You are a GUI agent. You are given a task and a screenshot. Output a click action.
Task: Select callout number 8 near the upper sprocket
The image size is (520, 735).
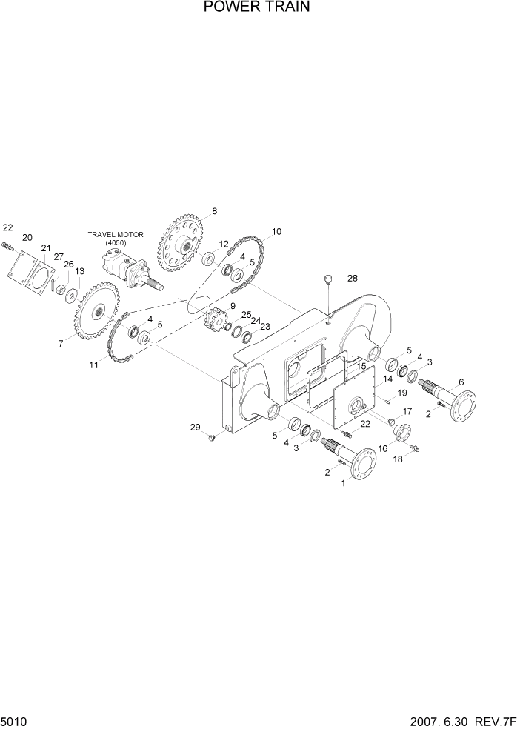pos(214,211)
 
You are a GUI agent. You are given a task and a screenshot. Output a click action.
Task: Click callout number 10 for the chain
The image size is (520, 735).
pos(276,232)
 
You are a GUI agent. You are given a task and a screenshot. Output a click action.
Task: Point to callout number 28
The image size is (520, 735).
pos(352,279)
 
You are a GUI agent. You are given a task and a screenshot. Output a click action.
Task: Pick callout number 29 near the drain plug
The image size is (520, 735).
pos(195,427)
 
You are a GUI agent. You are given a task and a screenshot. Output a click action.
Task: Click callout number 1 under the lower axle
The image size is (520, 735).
pos(342,483)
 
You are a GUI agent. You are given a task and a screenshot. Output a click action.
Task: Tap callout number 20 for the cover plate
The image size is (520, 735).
pos(27,237)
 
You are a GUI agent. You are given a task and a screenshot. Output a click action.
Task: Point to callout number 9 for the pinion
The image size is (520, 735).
pos(233,305)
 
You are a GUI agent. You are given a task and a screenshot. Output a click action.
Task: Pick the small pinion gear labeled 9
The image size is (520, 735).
pos(213,322)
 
